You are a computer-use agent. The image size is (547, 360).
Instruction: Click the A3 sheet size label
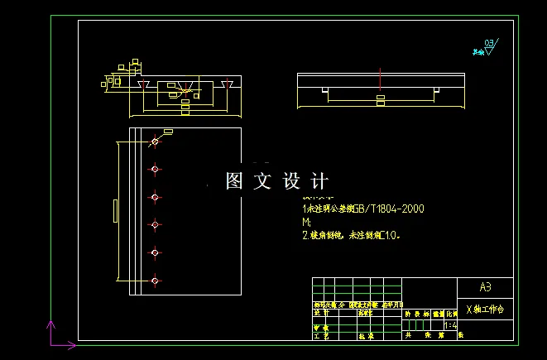[485, 287]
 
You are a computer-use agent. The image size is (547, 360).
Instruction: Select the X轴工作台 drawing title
[485, 310]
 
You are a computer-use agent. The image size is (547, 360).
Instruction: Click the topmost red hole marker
[155, 142]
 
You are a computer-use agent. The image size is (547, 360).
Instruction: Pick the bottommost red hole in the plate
[155, 281]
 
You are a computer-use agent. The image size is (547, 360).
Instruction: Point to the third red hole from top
[155, 198]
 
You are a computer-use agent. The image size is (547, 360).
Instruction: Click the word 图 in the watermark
[234, 181]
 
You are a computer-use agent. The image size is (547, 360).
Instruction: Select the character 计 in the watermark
[320, 181]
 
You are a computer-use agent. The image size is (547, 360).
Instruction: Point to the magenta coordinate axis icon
[55, 334]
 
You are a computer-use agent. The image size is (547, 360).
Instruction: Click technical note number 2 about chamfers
[352, 236]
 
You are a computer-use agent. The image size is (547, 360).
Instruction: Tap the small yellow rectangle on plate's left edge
[114, 211]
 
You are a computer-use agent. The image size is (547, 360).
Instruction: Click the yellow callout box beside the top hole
[169, 132]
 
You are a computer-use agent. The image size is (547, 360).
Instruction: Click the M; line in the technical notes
[307, 223]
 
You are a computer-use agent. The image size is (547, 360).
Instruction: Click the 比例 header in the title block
[452, 314]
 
